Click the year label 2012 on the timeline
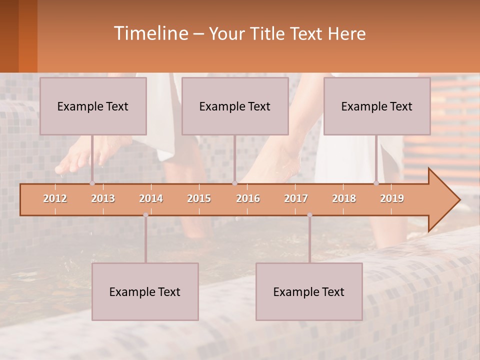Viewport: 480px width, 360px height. pyautogui.click(x=55, y=198)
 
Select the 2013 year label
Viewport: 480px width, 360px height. pyautogui.click(x=103, y=198)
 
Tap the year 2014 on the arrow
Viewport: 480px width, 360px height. pyautogui.click(x=151, y=198)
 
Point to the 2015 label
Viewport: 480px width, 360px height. pyautogui.click(x=199, y=198)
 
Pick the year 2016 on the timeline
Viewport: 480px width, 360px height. pyautogui.click(x=248, y=198)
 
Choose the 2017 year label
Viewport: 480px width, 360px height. pyautogui.click(x=296, y=198)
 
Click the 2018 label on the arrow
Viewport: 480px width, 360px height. pyautogui.click(x=344, y=198)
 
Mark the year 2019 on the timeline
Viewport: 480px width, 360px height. pyautogui.click(x=392, y=198)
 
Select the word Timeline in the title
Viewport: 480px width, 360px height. pyautogui.click(x=150, y=33)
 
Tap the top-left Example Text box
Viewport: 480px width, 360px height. pyautogui.click(x=93, y=106)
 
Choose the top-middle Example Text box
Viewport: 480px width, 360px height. pyautogui.click(x=235, y=106)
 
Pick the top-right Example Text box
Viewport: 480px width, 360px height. pyautogui.click(x=377, y=106)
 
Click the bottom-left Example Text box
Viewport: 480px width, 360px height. pyautogui.click(x=145, y=291)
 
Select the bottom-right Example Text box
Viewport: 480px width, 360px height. pyautogui.click(x=309, y=291)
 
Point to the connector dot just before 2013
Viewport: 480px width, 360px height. pyautogui.click(x=92, y=183)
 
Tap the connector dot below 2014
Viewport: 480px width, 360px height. pyautogui.click(x=145, y=215)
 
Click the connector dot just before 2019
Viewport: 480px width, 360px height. pyautogui.click(x=376, y=183)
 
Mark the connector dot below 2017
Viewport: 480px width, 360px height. pyautogui.click(x=309, y=215)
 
